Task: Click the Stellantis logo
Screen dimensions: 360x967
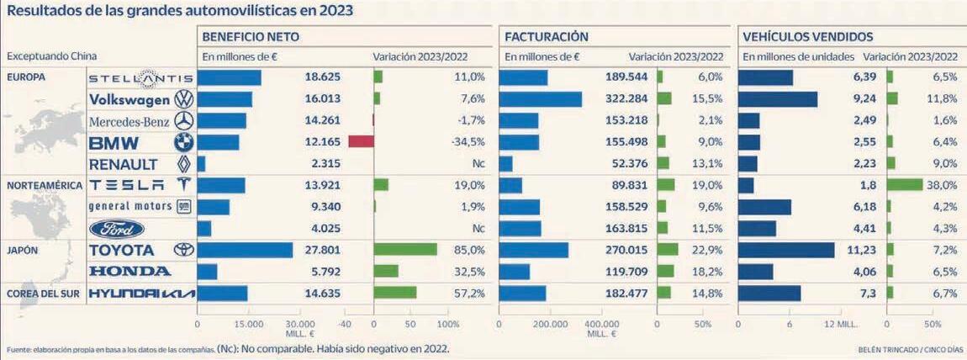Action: (140, 78)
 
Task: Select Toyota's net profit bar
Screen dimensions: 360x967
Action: (245, 250)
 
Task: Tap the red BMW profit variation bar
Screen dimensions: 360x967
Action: (361, 141)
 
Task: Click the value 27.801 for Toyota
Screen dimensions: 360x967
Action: (322, 250)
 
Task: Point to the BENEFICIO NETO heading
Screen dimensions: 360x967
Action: (251, 37)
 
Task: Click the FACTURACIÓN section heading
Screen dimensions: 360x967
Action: (547, 37)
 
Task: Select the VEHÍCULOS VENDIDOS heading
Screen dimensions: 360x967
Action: (807, 37)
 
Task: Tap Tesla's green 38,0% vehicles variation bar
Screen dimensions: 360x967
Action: (904, 185)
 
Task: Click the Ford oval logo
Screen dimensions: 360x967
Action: (117, 229)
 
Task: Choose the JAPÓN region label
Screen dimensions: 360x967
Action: (23, 250)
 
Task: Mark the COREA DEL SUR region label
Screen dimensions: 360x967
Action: (43, 293)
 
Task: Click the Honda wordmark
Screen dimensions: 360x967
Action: (130, 272)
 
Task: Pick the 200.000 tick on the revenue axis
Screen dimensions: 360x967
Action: (551, 324)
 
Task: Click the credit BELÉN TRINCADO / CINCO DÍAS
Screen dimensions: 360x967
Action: (912, 350)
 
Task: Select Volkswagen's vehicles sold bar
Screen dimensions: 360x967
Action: (777, 99)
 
